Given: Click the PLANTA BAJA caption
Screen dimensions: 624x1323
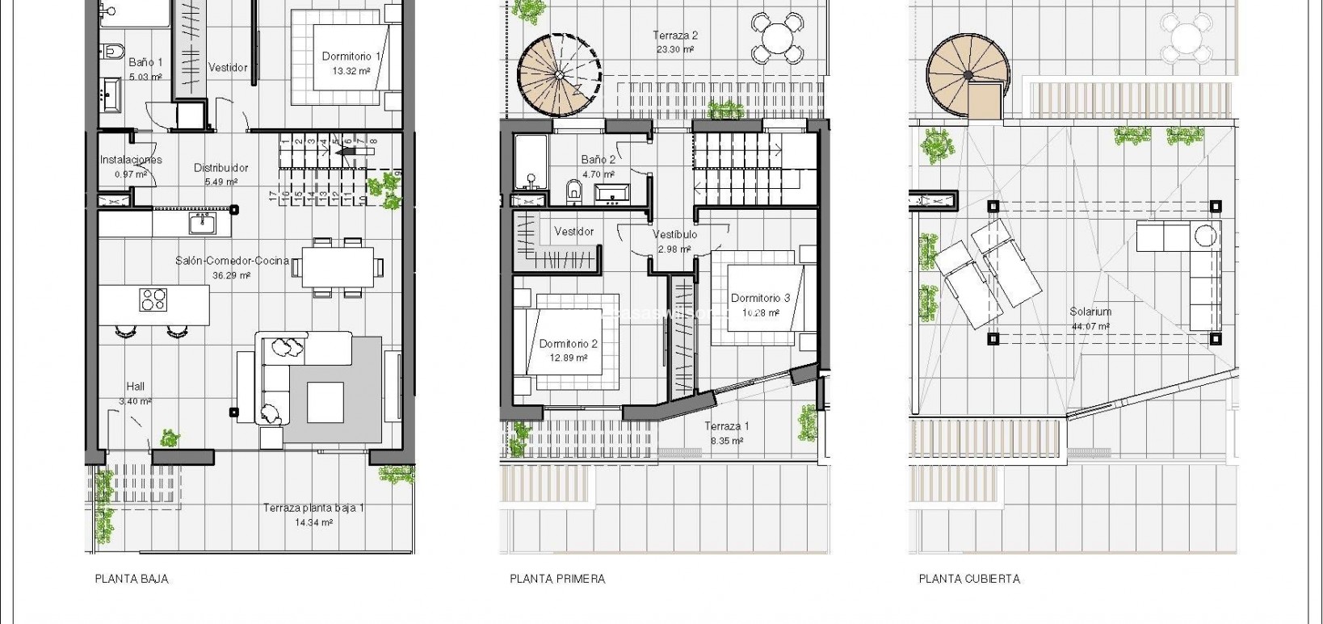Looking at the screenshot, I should [132, 579].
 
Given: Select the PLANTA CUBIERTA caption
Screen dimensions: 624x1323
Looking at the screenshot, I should [968, 579].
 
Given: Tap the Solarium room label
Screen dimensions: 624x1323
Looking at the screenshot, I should [1090, 312].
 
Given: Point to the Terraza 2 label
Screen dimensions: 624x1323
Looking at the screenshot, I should [675, 36].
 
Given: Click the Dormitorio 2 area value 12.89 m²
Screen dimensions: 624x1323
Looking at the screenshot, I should [569, 358].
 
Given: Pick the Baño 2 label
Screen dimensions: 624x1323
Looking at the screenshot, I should [598, 160].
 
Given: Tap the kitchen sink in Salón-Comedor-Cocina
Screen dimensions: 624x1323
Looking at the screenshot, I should [203, 222].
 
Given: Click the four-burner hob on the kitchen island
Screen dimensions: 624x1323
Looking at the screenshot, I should [153, 300].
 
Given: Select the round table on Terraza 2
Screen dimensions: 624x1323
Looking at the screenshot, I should [777, 37].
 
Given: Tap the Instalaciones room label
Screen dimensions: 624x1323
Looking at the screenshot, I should [131, 160].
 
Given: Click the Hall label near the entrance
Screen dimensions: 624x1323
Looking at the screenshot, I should [135, 387].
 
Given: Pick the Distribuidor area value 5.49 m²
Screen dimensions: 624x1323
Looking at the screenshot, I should [220, 182].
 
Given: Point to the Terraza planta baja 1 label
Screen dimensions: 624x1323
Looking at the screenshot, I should [313, 509].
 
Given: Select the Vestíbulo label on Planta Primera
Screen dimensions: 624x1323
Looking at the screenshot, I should [674, 235].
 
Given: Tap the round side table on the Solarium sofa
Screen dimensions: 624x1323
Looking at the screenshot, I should [1205, 236].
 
